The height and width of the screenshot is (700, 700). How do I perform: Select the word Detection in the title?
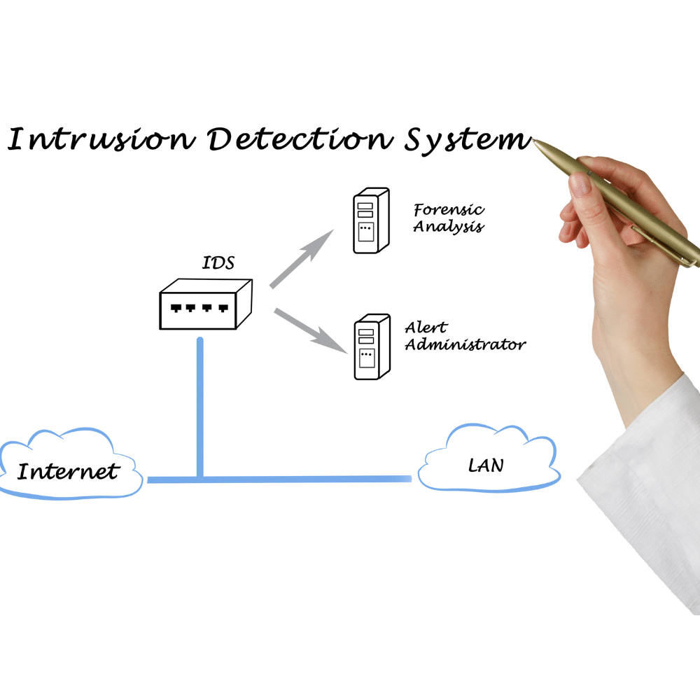coord(298,139)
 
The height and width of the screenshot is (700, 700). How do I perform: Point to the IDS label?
coord(218,264)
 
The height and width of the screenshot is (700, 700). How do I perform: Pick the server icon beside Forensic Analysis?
coord(370,220)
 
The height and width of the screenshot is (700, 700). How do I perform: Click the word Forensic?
coord(449,209)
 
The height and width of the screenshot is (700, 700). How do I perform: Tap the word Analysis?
coord(448,227)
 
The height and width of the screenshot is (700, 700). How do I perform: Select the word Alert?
coord(426,327)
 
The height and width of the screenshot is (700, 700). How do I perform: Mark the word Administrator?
coord(465,344)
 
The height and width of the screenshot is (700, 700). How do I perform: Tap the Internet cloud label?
coord(68,471)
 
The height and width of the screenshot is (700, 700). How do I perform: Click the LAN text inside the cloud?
coord(486,464)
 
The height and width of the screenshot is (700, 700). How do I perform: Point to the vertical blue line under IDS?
coord(200,406)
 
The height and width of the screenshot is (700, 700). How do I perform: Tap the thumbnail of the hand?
coord(580,184)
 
